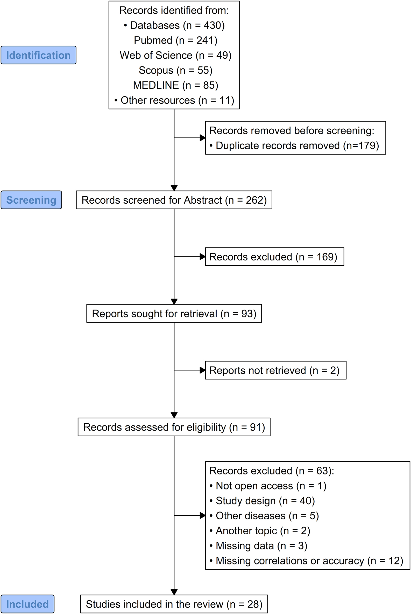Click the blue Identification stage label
click(39, 55)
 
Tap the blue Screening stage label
click(31, 200)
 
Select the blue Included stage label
click(27, 604)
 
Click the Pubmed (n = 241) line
click(175, 40)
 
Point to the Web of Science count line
click(175, 55)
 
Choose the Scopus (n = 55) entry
click(175, 70)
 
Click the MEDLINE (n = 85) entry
click(175, 85)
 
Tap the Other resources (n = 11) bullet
click(174, 100)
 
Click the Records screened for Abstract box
click(174, 200)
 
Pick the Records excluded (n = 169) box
click(274, 257)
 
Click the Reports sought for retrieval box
click(174, 314)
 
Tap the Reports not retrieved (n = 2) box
click(275, 370)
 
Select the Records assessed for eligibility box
click(174, 427)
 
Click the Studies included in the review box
click(174, 604)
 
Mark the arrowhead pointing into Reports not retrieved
click(202, 370)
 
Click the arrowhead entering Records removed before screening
click(202, 138)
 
